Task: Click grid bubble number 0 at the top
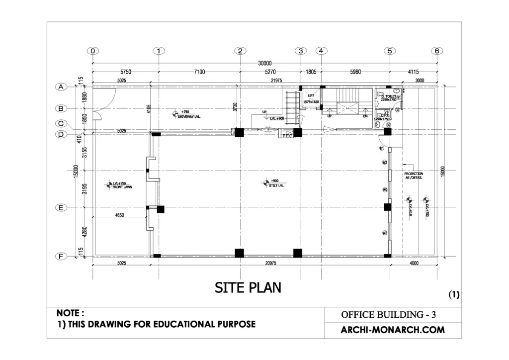tap(92, 51)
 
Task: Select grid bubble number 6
tap(437, 51)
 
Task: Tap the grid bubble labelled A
tap(61, 87)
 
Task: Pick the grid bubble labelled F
tap(61, 257)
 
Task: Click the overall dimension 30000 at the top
tap(264, 63)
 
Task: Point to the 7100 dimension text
tap(199, 72)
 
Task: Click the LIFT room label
tap(312, 95)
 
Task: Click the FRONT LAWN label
tap(123, 187)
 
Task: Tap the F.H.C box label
tap(287, 135)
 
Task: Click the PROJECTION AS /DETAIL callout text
tap(414, 176)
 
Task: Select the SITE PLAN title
tap(248, 287)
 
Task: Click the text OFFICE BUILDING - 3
tap(389, 315)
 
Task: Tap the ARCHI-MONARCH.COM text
tap(393, 330)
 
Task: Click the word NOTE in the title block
tap(70, 313)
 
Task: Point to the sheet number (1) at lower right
tap(454, 294)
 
